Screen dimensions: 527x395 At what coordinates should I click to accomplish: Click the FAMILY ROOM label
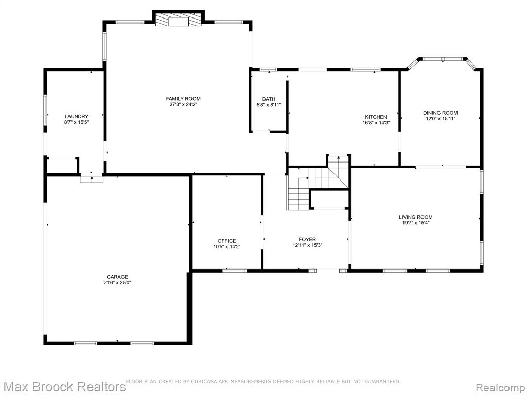coord(183,98)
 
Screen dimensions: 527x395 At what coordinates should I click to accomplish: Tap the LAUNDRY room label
coord(76,117)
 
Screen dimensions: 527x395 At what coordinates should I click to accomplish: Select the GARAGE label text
coord(117,277)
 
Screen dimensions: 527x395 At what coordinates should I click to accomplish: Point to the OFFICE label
coord(226,241)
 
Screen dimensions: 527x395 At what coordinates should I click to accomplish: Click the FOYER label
coord(307,239)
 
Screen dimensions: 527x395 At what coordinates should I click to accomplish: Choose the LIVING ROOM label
coord(416,217)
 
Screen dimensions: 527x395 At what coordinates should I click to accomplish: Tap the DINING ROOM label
coord(441,113)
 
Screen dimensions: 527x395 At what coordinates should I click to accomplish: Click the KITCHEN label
coord(376,117)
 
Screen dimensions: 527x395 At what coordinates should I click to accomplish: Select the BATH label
coord(269,99)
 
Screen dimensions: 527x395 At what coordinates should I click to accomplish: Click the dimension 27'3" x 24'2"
coord(183,104)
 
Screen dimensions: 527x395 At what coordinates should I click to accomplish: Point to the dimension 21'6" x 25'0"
coord(117,283)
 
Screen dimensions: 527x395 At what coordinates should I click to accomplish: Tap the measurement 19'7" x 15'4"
coord(416,222)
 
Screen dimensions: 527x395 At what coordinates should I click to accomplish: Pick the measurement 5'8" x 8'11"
coord(269,105)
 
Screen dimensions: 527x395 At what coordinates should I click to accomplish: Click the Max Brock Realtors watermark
coord(63,386)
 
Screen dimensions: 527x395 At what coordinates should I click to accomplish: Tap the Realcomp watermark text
coord(500,387)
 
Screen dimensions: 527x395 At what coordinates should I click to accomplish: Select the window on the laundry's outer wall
coord(45,110)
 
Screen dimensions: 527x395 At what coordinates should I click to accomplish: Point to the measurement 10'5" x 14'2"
coord(226,247)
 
